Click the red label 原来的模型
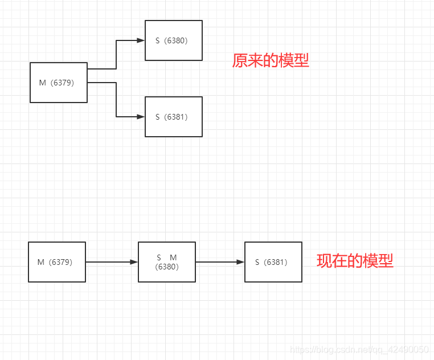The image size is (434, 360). [271, 60]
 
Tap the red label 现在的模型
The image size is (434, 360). [355, 261]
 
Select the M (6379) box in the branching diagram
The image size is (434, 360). [59, 83]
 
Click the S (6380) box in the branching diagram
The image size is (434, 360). [174, 40]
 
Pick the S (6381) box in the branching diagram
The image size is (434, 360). [174, 117]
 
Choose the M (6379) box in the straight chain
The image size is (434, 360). [57, 262]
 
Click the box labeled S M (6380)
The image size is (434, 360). [167, 262]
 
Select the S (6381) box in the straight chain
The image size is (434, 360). [273, 262]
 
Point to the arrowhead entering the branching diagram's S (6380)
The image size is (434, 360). [141, 40]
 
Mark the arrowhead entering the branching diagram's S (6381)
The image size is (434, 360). [141, 117]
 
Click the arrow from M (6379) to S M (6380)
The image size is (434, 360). [112, 262]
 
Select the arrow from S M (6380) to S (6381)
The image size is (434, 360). [220, 262]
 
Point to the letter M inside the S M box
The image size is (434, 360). [173, 258]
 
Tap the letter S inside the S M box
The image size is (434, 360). [159, 258]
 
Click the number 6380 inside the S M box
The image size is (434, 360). [167, 266]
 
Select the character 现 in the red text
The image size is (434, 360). [325, 261]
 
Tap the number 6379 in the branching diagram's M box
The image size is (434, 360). [62, 83]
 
